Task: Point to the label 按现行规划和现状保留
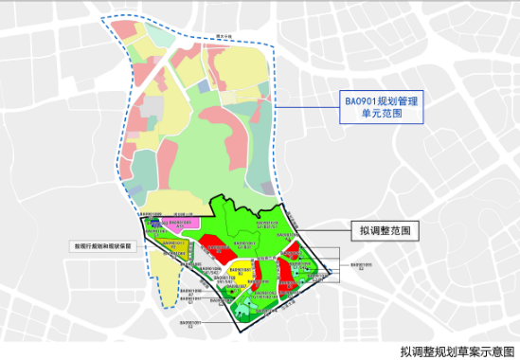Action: (x=104, y=244)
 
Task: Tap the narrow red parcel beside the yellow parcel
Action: (x=257, y=276)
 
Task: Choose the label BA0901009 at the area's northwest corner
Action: (x=152, y=215)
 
